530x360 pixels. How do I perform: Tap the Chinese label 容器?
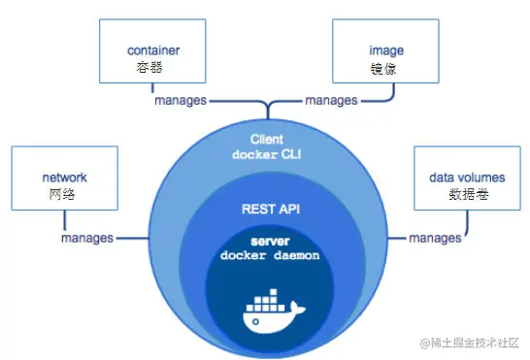[x=149, y=68]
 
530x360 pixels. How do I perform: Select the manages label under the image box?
[x=332, y=100]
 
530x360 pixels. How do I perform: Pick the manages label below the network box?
[x=86, y=238]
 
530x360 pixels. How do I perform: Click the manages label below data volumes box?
[x=435, y=238]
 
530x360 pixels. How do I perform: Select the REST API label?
[x=266, y=208]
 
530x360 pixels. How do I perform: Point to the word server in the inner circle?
[x=266, y=240]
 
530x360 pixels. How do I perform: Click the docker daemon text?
[x=266, y=255]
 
